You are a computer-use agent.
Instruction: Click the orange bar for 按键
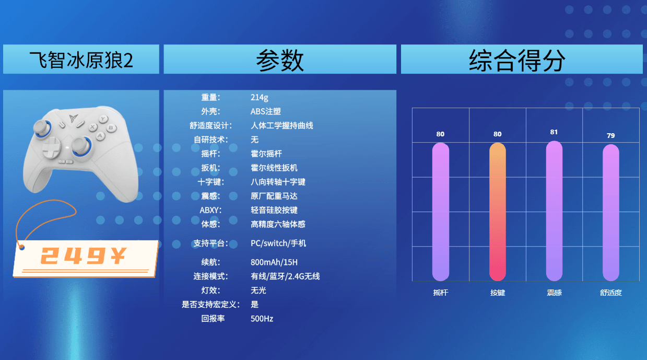pyautogui.click(x=497, y=212)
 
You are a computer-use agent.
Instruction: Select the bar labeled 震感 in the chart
pyautogui.click(x=554, y=211)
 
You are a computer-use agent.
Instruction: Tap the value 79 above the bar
pyautogui.click(x=610, y=135)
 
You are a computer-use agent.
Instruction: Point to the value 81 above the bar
pyautogui.click(x=554, y=132)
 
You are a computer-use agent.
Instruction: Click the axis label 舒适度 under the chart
pyautogui.click(x=610, y=293)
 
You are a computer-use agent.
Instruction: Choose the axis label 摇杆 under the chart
pyautogui.click(x=441, y=293)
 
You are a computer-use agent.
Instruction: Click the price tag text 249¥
pyautogui.click(x=83, y=256)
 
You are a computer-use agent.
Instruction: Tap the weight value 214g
pyautogui.click(x=259, y=98)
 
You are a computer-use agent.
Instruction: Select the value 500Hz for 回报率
pyautogui.click(x=262, y=319)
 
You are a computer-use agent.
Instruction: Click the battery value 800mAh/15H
pyautogui.click(x=274, y=262)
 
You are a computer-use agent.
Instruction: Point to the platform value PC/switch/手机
pyautogui.click(x=278, y=243)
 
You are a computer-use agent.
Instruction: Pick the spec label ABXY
pyautogui.click(x=210, y=210)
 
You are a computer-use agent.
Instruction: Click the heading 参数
pyautogui.click(x=279, y=60)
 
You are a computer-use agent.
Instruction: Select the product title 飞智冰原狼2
pyautogui.click(x=81, y=60)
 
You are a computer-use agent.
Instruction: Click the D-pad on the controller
pyautogui.click(x=52, y=147)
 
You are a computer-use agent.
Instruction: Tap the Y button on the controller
pyautogui.click(x=103, y=119)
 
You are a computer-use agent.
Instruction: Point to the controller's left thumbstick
pyautogui.click(x=42, y=128)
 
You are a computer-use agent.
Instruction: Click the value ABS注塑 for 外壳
pyautogui.click(x=265, y=111)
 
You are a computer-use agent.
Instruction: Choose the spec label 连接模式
pyautogui.click(x=210, y=276)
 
